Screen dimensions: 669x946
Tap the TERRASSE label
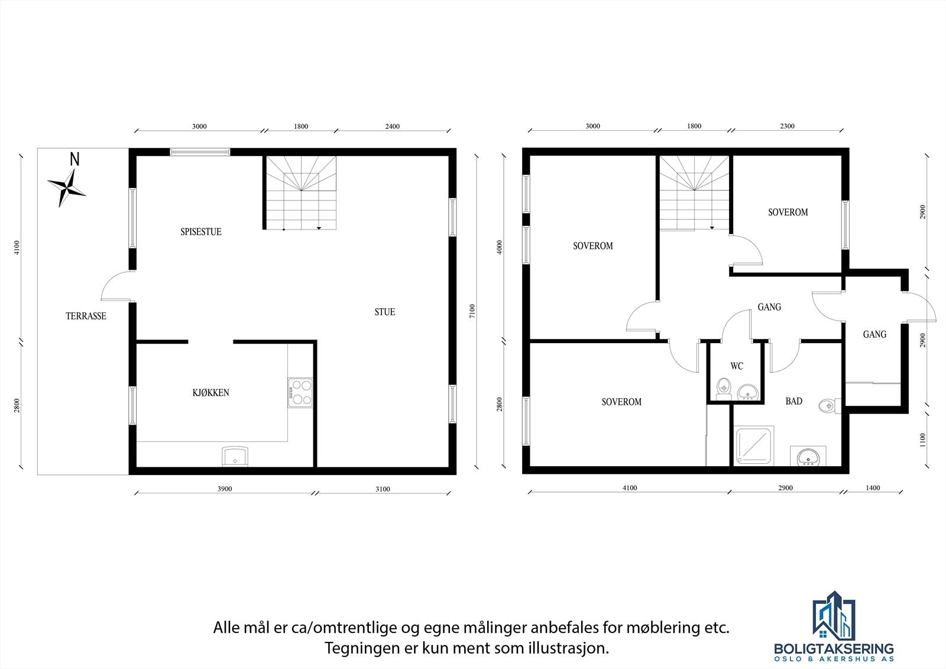(86, 316)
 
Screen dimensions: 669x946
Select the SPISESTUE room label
(201, 232)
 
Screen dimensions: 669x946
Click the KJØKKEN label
(210, 392)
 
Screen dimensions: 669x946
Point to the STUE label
(384, 312)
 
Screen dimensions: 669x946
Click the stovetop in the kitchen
(300, 392)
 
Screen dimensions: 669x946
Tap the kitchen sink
(235, 457)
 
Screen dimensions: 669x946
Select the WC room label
(737, 366)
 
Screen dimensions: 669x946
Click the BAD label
(793, 401)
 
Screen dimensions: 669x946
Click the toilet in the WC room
(723, 388)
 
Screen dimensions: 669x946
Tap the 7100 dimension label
(471, 311)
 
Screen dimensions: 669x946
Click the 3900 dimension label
(225, 489)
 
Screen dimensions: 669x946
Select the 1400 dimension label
(873, 488)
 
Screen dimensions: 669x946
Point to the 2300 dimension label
(787, 126)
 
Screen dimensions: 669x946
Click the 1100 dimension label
(923, 440)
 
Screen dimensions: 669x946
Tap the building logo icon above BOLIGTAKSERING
(834, 618)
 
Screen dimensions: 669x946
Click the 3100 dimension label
(383, 489)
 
